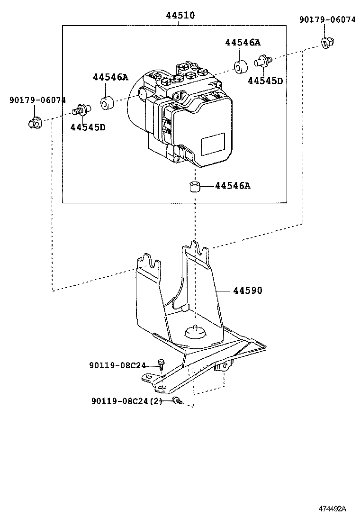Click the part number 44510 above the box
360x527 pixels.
coord(180,16)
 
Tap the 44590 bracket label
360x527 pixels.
coord(247,290)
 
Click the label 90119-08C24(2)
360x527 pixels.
coord(126,401)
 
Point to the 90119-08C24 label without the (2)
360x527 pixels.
coord(117,365)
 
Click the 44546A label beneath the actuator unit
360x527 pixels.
coord(232,186)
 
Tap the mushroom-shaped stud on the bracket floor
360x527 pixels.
coord(195,331)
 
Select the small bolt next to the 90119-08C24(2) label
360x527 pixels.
coord(177,401)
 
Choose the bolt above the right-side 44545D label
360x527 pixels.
coord(262,61)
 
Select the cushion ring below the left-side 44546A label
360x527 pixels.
coord(107,102)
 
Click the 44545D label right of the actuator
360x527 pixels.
coord(265,81)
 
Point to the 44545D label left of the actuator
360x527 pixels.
coord(88,127)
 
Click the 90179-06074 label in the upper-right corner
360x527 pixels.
coord(327,19)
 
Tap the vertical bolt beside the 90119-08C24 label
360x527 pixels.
coord(162,364)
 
